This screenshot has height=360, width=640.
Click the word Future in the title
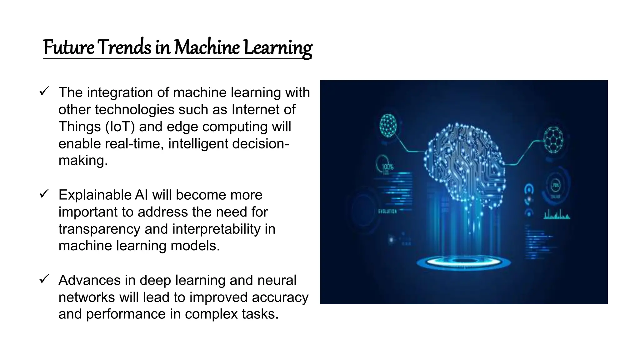tap(68, 48)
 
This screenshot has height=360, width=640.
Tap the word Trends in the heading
tap(124, 47)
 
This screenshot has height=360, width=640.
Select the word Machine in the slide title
tap(207, 47)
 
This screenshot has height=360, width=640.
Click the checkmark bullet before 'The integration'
tap(44, 92)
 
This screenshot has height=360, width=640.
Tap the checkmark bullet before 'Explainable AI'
tap(44, 194)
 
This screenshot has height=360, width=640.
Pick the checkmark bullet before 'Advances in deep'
tap(44, 279)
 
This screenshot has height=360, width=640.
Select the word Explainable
tap(94, 195)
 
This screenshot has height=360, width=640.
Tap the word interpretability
tap(216, 229)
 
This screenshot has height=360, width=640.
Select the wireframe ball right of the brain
tap(553, 140)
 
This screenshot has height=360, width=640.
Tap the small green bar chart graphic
tap(557, 214)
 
